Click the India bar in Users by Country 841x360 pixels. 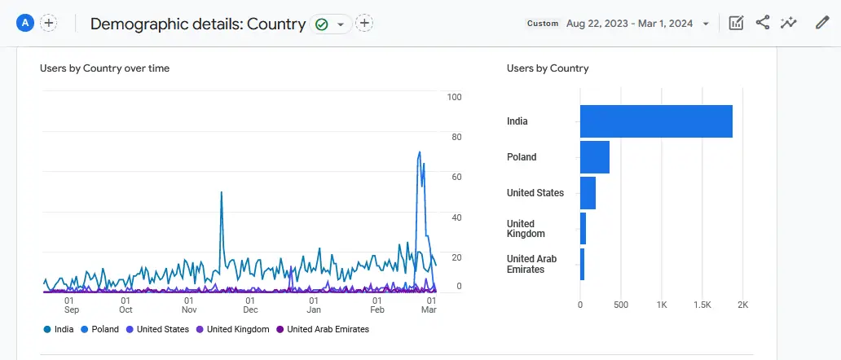pos(656,121)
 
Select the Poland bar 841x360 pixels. pos(595,157)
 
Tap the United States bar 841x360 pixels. pos(588,193)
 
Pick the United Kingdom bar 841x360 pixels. pos(583,229)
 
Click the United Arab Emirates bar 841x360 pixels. pos(582,264)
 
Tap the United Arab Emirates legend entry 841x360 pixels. pos(323,330)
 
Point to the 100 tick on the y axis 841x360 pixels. pos(455,98)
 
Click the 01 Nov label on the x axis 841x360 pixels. pos(188,305)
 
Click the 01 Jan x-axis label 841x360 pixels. pos(314,305)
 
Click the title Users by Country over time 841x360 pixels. pos(104,68)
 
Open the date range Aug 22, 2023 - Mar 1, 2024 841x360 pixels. pos(629,24)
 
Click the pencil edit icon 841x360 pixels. pos(822,23)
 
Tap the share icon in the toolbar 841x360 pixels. pos(763,23)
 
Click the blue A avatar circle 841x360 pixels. pos(25,23)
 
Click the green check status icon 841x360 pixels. pos(322,24)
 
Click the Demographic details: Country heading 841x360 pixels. pos(198,24)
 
